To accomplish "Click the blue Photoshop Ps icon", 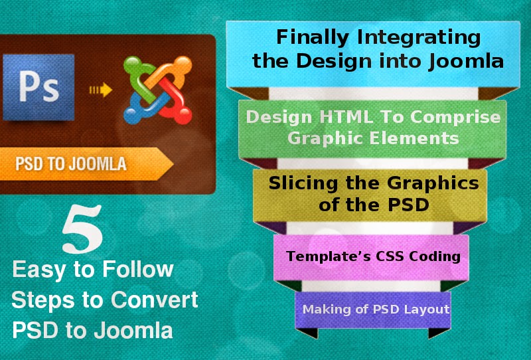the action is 38,87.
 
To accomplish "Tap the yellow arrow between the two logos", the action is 101,90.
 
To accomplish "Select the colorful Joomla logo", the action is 158,90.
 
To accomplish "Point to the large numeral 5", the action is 82,228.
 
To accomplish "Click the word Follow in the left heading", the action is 138,270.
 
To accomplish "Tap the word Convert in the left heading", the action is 155,300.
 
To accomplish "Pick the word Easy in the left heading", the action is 38,270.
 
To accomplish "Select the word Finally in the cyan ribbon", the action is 312,37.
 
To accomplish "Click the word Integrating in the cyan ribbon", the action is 419,38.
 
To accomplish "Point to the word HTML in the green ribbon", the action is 346,117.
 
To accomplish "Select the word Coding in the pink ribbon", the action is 435,256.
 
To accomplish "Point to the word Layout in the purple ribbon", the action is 430,310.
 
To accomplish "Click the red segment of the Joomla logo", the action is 175,101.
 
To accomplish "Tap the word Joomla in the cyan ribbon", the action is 466,62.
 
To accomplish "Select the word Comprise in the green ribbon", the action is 455,118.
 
